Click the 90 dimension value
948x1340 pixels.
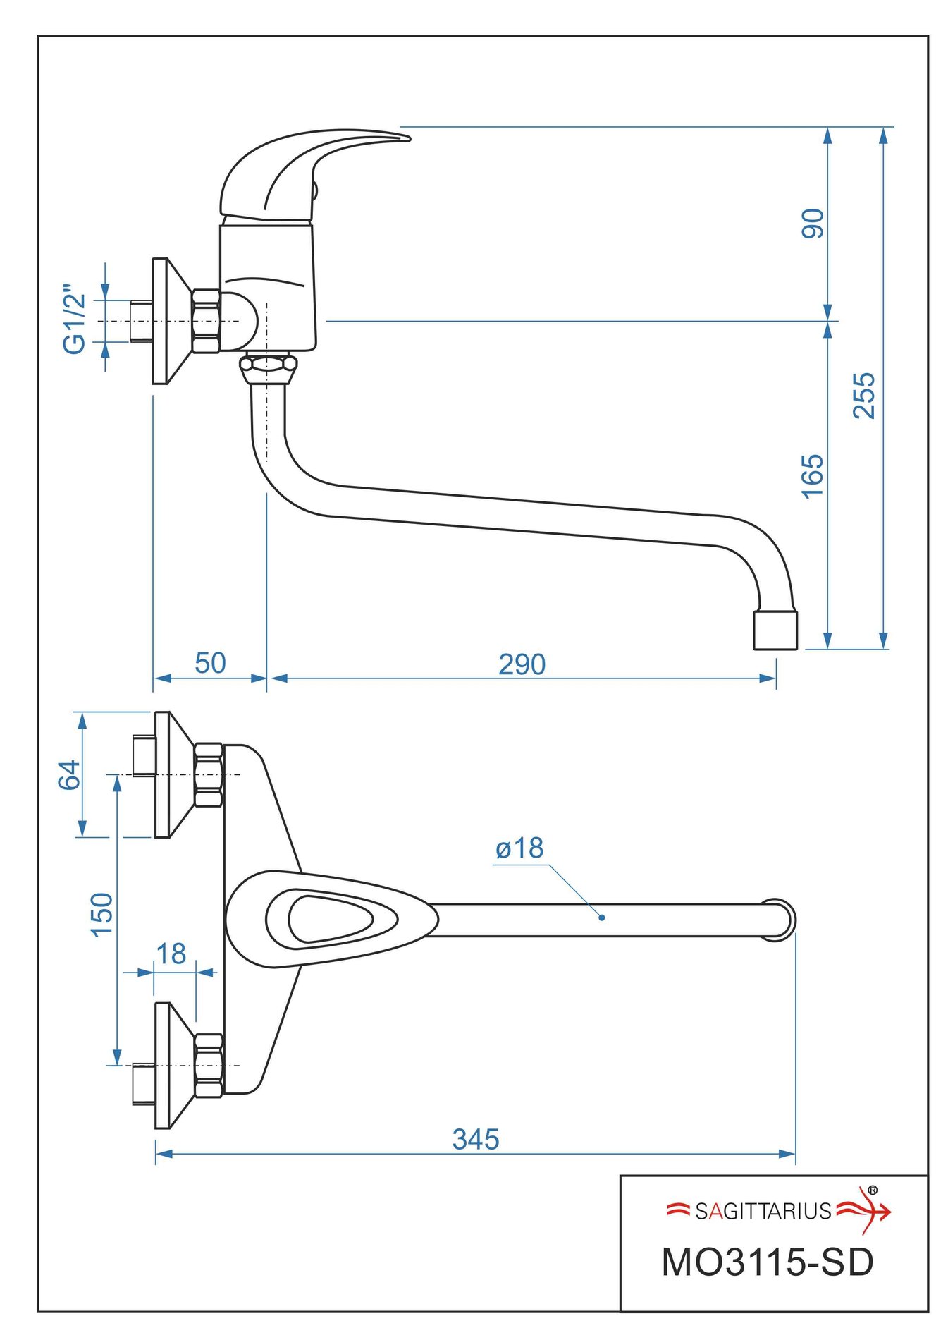click(813, 224)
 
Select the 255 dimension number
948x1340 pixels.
click(863, 396)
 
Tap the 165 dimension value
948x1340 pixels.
click(813, 476)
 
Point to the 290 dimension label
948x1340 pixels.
click(522, 664)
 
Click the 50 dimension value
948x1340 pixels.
click(210, 663)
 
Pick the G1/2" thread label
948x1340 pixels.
click(75, 319)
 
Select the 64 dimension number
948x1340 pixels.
click(69, 775)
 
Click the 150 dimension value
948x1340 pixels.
click(102, 914)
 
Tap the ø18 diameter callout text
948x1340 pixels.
click(519, 848)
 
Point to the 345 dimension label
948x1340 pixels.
click(476, 1139)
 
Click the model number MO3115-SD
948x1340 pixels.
click(767, 1262)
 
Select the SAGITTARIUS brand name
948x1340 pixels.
click(763, 1212)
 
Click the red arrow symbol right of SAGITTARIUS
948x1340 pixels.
click(865, 1211)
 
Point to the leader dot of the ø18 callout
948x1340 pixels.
click(601, 918)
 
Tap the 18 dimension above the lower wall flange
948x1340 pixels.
click(171, 954)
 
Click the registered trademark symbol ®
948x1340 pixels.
click(873, 1190)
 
